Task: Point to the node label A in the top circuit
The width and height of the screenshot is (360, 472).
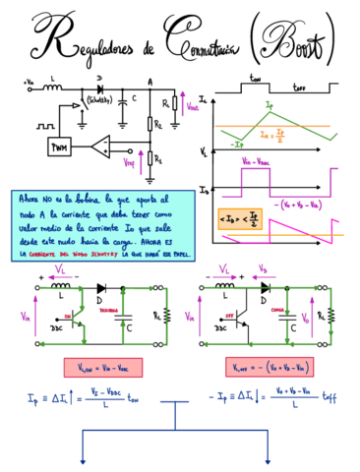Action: [x=150, y=83]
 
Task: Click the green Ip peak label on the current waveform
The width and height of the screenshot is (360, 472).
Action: [x=270, y=102]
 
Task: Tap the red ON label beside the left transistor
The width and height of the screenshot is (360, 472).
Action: [x=68, y=315]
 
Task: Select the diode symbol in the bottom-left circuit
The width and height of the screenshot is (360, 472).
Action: [x=101, y=289]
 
